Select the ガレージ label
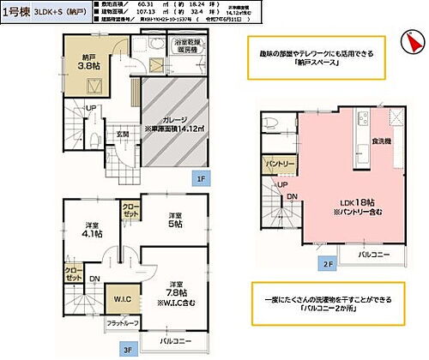click(176, 122)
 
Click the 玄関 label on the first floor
click(122, 134)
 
